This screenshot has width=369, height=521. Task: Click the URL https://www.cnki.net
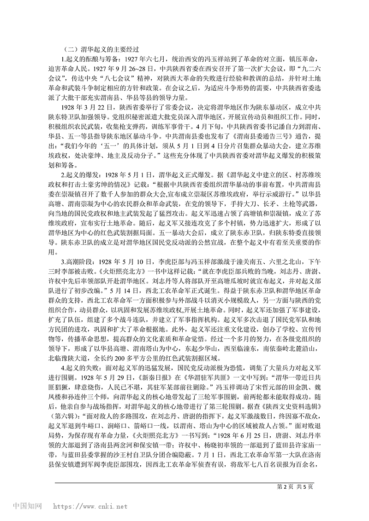[90, 506]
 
